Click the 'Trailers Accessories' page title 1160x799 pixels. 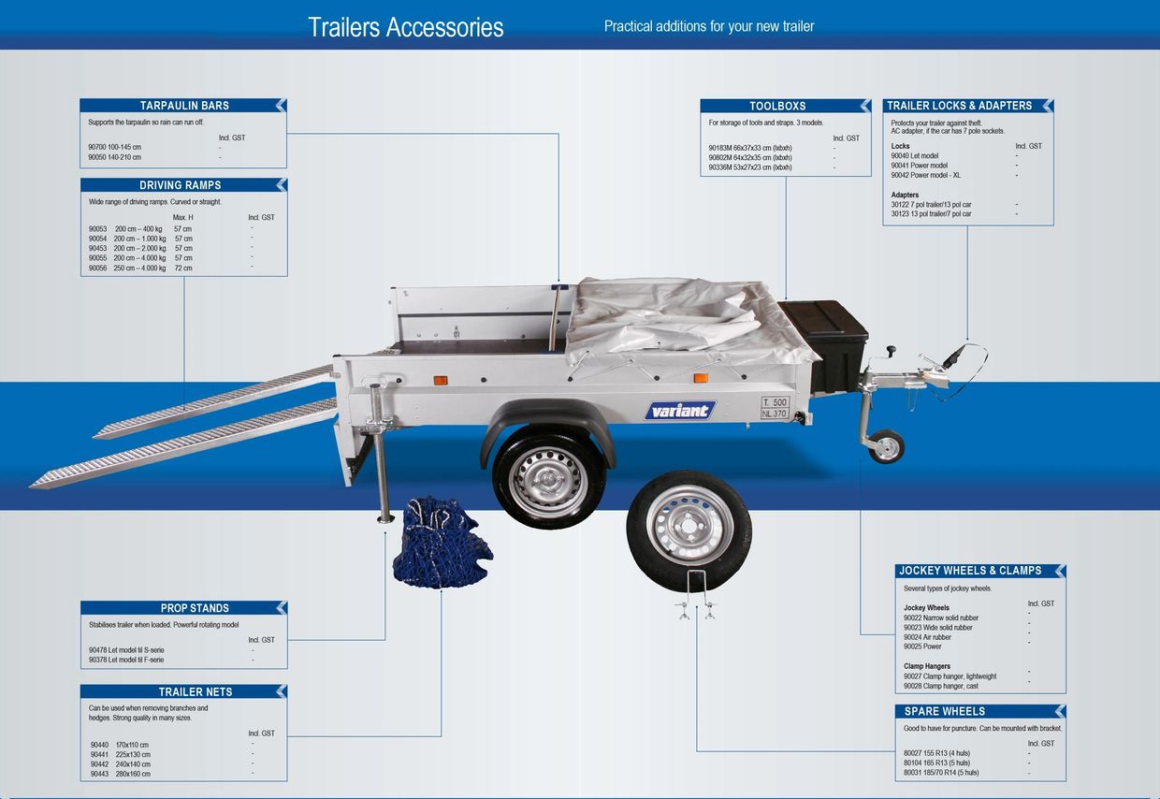pos(405,27)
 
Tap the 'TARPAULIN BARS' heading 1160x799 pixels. pos(184,106)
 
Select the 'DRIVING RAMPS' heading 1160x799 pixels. pos(181,185)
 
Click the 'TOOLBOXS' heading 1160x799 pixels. pos(777,106)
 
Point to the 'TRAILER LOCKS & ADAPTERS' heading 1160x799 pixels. pos(959,106)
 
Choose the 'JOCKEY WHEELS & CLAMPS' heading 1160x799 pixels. pos(970,571)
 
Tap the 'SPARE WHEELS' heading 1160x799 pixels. pos(945,711)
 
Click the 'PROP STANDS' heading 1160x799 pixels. pos(195,608)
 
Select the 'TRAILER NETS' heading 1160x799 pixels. pos(196,692)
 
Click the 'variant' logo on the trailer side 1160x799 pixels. pos(680,411)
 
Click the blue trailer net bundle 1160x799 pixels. pos(442,543)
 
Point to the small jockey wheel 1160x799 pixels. pos(886,446)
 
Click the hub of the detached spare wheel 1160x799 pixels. pos(689,526)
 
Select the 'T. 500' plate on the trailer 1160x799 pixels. pos(775,402)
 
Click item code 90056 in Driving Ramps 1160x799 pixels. pos(97,269)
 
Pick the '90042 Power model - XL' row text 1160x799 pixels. pos(925,175)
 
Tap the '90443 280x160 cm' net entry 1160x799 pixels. pos(120,774)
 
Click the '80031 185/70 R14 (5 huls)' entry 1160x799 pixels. pos(941,773)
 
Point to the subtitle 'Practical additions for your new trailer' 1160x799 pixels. pos(709,26)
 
